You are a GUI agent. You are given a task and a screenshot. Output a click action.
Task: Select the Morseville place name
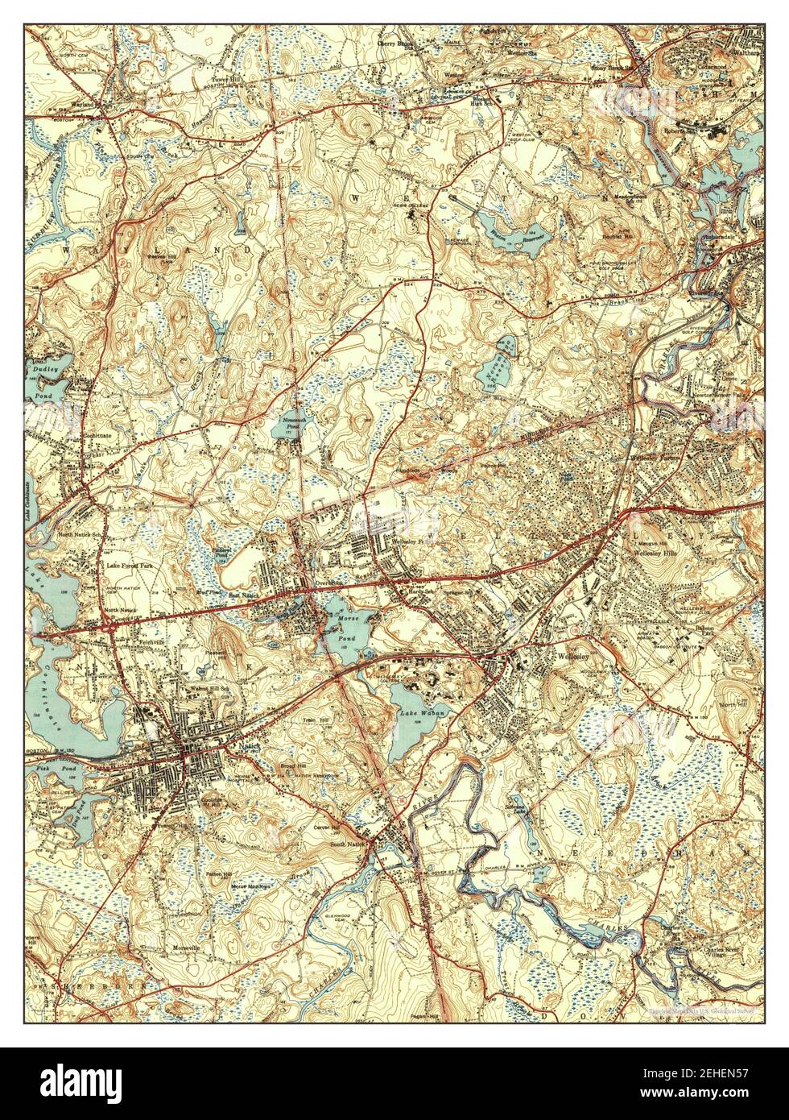coord(192,948)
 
